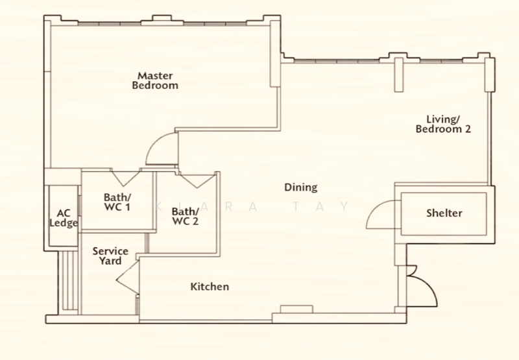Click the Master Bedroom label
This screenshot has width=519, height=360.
[x=155, y=80]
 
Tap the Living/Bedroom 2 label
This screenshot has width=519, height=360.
[x=443, y=124]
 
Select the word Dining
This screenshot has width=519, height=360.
[x=301, y=187]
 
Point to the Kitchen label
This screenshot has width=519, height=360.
[x=210, y=286]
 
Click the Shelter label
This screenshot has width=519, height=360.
[x=444, y=213]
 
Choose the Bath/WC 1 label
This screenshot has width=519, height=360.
[x=117, y=202]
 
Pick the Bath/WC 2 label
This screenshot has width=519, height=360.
[x=186, y=216]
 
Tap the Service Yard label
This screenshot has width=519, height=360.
[x=110, y=256]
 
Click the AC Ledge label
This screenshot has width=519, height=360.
[x=64, y=218]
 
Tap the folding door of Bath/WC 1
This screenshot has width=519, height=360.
[x=126, y=178]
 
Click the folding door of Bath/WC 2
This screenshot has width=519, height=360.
[x=197, y=180]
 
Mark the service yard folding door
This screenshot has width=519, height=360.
[x=127, y=277]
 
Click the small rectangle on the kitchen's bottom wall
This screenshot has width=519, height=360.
[x=296, y=309]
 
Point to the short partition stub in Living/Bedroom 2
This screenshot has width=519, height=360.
[x=399, y=75]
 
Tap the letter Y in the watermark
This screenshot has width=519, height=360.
[x=345, y=206]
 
